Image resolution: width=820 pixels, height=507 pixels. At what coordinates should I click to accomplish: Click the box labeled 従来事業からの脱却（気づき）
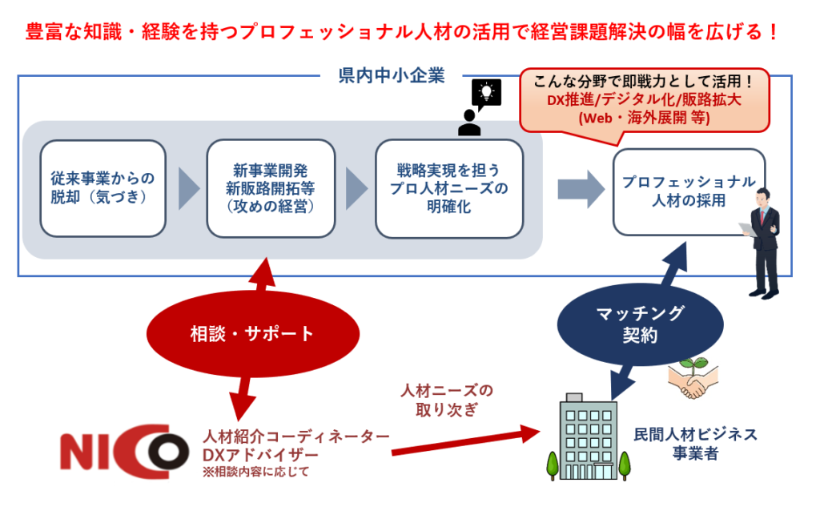point(102,188)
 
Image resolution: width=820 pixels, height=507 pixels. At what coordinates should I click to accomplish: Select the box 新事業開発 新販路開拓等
point(271,188)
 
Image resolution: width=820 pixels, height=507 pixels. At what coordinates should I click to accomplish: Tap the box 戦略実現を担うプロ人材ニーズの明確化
point(449,188)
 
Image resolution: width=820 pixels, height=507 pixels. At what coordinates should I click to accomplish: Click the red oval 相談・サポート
point(252,333)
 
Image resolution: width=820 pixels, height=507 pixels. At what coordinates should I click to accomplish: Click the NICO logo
point(124,450)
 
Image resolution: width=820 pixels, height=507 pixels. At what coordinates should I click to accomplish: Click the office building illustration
point(587,437)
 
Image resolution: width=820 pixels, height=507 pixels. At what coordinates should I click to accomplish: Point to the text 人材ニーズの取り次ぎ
point(447,400)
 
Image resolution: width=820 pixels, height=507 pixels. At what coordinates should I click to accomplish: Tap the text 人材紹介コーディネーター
point(296,437)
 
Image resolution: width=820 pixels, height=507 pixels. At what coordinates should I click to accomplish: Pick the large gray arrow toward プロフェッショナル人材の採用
point(581,188)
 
